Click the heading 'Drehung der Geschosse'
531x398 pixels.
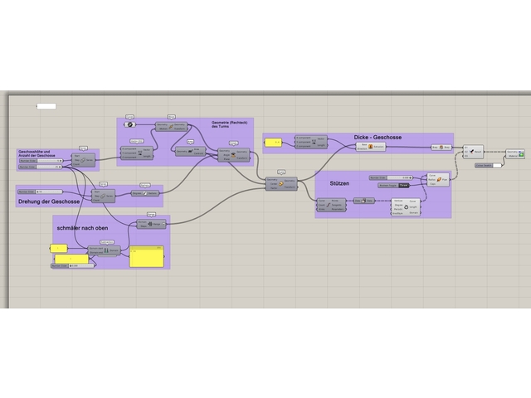tap(48, 201)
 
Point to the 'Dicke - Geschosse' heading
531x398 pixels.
tap(378, 137)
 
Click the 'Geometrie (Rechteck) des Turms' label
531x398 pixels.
tap(224, 124)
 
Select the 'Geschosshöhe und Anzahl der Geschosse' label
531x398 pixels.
tap(37, 154)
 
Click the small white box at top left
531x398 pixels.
tap(46, 106)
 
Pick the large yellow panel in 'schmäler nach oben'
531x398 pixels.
tap(147, 256)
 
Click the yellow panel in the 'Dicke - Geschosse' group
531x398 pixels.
tap(273, 144)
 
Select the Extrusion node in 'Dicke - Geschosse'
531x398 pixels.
tap(373, 147)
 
